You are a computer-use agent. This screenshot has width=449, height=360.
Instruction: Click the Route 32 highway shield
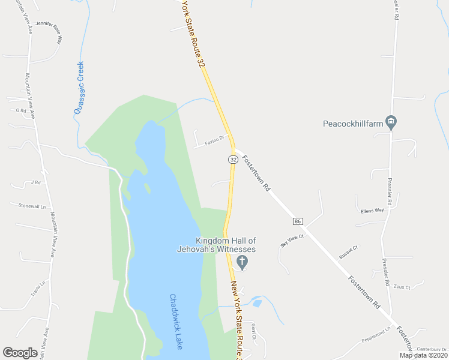[233, 159]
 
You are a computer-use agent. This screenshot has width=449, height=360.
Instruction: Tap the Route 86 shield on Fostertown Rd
[298, 221]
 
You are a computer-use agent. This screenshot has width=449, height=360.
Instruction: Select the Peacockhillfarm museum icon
[391, 122]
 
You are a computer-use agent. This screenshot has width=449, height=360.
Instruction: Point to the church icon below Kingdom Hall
[243, 261]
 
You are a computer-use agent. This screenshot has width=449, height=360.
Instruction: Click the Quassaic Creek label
[79, 88]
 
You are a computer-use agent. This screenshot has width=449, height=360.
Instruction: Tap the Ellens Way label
[372, 211]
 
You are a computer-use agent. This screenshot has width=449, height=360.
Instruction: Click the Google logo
[20, 353]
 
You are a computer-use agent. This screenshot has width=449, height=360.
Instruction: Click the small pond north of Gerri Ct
[257, 304]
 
